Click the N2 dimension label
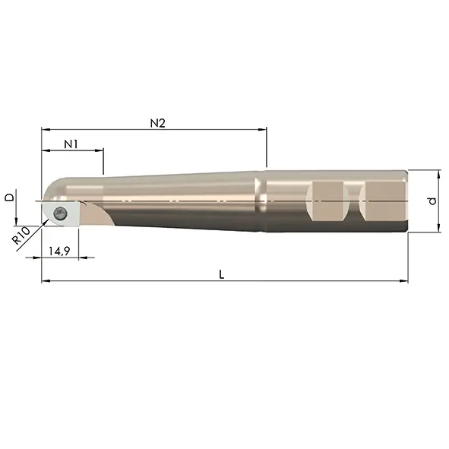click(158, 123)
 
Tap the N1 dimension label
click(71, 144)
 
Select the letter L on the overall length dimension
click(221, 275)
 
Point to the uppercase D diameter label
click(10, 197)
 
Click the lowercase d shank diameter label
click(432, 201)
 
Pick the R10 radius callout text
click(21, 236)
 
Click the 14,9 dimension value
click(59, 251)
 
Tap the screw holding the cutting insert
click(61, 213)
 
